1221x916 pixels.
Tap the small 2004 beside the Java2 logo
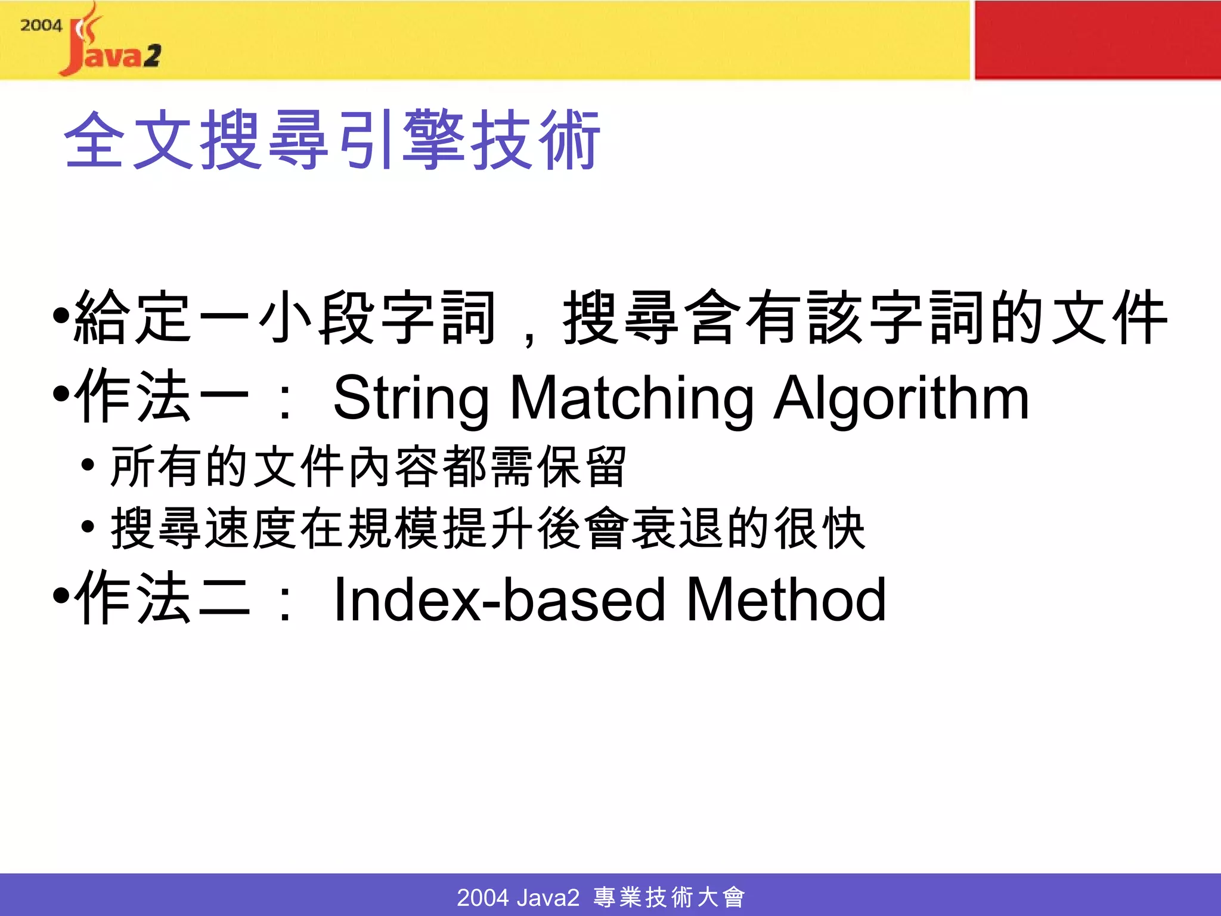tap(41, 25)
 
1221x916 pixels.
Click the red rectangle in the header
tap(1097, 39)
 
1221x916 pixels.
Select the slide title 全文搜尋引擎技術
tap(331, 141)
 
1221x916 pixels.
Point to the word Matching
tap(632, 398)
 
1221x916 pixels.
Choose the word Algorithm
tap(901, 398)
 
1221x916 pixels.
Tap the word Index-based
tap(498, 600)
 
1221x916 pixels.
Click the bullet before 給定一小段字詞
tap(61, 315)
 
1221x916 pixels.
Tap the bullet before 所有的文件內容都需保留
tap(88, 465)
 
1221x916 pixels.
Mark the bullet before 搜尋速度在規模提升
tap(88, 527)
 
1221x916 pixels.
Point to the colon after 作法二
tap(286, 602)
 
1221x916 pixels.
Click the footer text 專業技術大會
tap(669, 897)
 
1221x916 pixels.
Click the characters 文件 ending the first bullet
tap(1109, 317)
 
